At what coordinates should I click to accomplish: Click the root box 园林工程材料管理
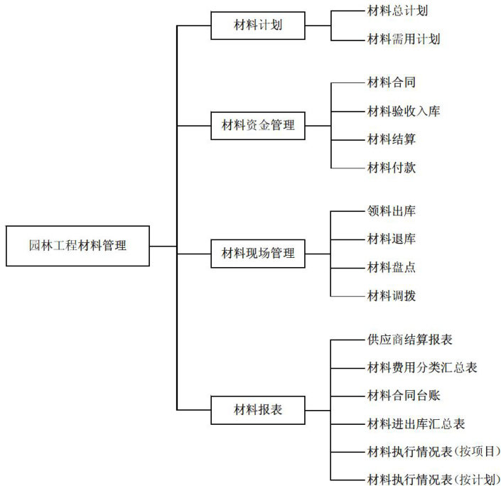click(77, 246)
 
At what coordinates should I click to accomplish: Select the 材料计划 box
click(258, 26)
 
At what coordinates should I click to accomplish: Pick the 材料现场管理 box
click(258, 253)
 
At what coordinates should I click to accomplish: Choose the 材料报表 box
click(258, 409)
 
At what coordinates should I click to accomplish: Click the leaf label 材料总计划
click(397, 11)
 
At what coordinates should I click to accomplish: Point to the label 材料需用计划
click(404, 39)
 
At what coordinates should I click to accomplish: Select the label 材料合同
click(391, 82)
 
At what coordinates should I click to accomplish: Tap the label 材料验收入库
click(404, 111)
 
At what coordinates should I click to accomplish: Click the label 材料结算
click(391, 139)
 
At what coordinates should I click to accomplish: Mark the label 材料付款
click(391, 168)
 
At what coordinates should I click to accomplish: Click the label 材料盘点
click(391, 267)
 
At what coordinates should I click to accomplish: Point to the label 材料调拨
click(391, 296)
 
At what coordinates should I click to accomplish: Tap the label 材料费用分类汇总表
click(422, 367)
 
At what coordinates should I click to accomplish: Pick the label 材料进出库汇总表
click(416, 424)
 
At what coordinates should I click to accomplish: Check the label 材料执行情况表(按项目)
click(433, 452)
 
